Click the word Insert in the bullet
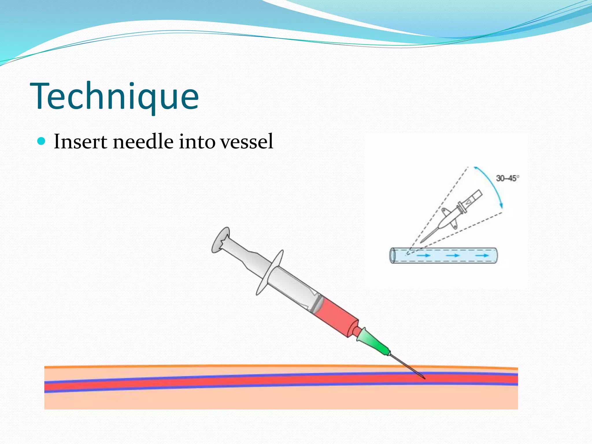pyautogui.click(x=80, y=142)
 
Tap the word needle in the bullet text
pyautogui.click(x=143, y=142)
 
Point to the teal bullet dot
pyautogui.click(x=42, y=141)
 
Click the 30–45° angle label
pyautogui.click(x=507, y=178)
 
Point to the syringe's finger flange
pyautogui.click(x=269, y=273)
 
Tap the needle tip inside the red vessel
pyautogui.click(x=423, y=377)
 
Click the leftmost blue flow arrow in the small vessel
pyautogui.click(x=423, y=256)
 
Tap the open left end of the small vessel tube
pyautogui.click(x=393, y=256)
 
